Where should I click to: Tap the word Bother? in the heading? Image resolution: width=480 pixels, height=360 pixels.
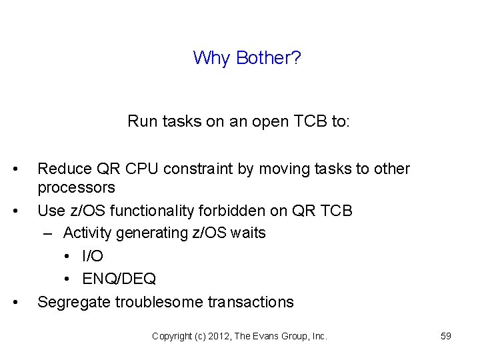click(x=265, y=58)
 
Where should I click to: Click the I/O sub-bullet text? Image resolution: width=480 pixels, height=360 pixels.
click(x=93, y=256)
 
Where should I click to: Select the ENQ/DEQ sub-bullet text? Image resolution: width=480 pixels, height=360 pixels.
click(x=119, y=279)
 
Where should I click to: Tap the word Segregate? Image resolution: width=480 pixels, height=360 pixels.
click(x=74, y=302)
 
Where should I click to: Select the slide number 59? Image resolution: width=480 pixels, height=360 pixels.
click(x=446, y=337)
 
